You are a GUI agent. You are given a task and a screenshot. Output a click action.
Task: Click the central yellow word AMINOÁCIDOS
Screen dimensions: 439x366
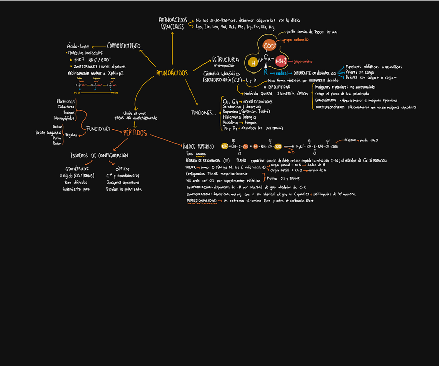pyautogui.click(x=172, y=73)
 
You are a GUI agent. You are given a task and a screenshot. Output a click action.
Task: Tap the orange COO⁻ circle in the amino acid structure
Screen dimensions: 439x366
pyautogui.click(x=269, y=46)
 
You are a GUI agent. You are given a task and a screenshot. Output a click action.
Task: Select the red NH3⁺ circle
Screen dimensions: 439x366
pyautogui.click(x=281, y=62)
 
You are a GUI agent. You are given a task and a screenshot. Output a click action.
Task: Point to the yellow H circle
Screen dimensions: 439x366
pyautogui.click(x=253, y=63)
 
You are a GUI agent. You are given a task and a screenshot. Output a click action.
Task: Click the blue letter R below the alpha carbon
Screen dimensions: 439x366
pyautogui.click(x=266, y=72)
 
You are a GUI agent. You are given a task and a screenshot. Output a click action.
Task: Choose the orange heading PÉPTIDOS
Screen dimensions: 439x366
pyautogui.click(x=135, y=133)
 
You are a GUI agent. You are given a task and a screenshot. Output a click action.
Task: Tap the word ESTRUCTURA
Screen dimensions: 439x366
pyautogui.click(x=225, y=60)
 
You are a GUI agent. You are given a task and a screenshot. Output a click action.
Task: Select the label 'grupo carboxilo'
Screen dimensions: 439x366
pyautogui.click(x=296, y=39)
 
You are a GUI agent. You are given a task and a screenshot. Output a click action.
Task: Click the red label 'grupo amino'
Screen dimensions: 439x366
pyautogui.click(x=304, y=61)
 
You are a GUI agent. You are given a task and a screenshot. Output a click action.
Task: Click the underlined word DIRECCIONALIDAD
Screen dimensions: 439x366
pyautogui.click(x=202, y=200)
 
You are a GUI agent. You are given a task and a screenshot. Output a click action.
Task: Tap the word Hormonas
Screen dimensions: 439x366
pyautogui.click(x=66, y=101)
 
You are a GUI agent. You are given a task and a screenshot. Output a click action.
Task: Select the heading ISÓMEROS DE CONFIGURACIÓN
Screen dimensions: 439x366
pyautogui.click(x=99, y=155)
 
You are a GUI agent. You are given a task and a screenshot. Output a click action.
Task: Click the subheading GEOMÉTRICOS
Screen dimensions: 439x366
pyautogui.click(x=77, y=169)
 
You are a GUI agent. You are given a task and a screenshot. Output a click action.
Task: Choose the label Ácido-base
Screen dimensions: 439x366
pyautogui.click(x=78, y=47)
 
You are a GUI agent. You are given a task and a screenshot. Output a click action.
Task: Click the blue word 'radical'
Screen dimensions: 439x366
pyautogui.click(x=282, y=73)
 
